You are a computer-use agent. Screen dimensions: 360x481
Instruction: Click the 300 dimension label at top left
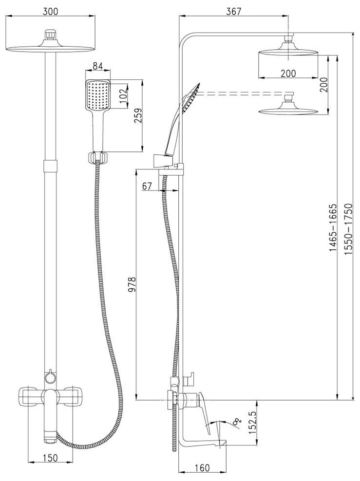pos(50,11)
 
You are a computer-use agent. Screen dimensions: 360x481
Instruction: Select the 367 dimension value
pos(233,11)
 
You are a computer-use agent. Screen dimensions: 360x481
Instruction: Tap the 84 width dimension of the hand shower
pos(97,66)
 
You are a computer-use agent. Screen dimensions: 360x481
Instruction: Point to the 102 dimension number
pos(123,96)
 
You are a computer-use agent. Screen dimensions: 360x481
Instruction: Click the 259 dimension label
pos(138,115)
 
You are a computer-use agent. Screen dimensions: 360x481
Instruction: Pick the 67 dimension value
pos(147,186)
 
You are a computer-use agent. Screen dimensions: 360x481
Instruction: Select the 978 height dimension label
pos(132,285)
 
